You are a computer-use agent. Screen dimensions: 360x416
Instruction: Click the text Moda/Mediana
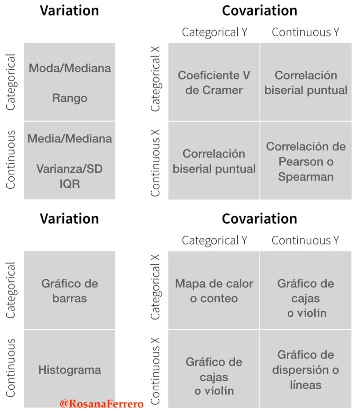click(70, 68)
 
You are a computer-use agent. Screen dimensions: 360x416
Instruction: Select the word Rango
click(70, 98)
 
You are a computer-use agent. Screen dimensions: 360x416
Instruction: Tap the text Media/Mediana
click(70, 139)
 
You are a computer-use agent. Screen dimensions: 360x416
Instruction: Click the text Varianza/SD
click(70, 169)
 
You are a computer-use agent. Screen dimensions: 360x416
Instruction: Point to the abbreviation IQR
click(70, 184)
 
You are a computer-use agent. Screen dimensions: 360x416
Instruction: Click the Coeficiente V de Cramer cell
click(214, 82)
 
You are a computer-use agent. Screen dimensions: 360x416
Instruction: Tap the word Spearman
click(306, 177)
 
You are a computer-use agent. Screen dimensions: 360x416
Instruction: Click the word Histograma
click(70, 370)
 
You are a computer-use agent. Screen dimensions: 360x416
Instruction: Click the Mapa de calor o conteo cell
click(214, 290)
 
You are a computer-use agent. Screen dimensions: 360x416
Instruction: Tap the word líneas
click(306, 385)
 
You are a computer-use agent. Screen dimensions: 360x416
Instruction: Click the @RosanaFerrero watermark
click(102, 404)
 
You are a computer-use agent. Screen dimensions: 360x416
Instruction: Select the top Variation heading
click(69, 10)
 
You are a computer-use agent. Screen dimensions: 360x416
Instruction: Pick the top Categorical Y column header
click(214, 32)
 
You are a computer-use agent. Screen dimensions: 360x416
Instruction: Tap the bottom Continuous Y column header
click(305, 240)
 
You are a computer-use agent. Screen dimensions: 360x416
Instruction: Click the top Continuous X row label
click(155, 163)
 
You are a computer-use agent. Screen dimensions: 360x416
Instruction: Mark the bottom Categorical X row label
click(156, 287)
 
